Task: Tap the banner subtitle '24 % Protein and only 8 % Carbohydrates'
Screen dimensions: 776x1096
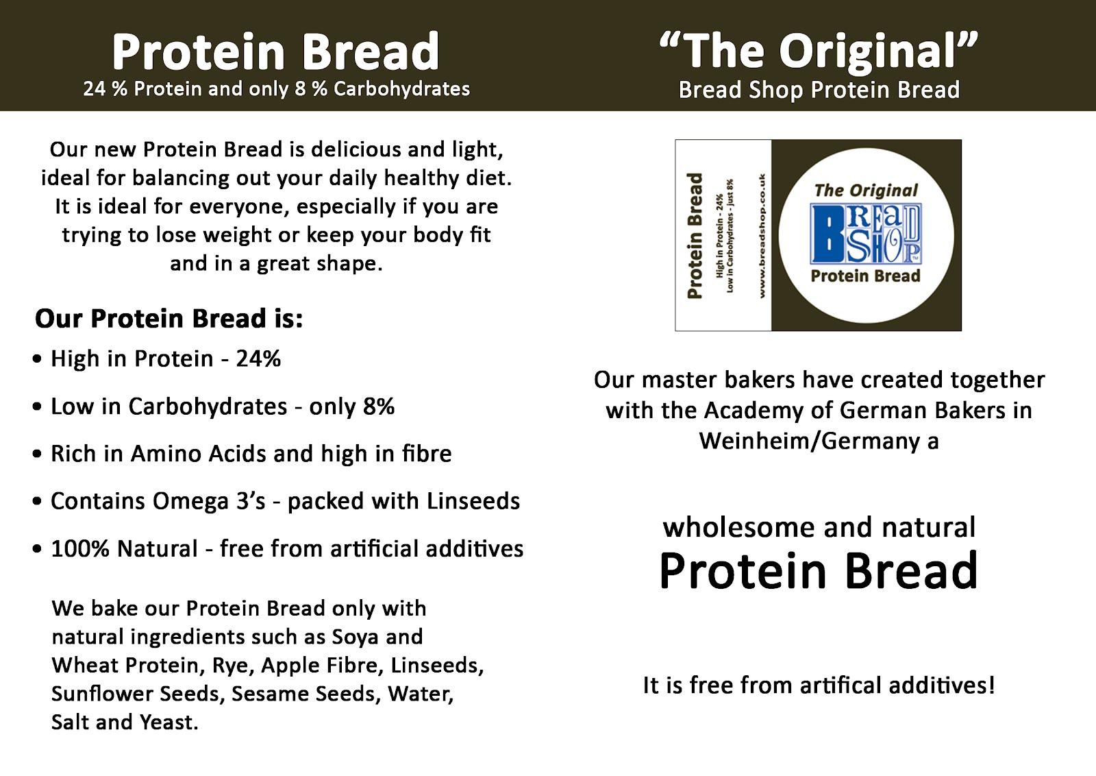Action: point(276,89)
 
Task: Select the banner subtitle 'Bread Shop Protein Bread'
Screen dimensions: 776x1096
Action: point(819,90)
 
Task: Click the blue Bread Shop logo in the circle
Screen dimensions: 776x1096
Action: point(866,234)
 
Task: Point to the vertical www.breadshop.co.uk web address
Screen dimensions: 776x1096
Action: point(762,235)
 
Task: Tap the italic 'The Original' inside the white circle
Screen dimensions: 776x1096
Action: point(866,191)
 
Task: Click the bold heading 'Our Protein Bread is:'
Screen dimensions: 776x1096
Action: point(169,319)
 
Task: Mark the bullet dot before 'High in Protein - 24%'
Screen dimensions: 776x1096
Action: point(37,359)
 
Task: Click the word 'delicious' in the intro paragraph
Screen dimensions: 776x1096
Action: point(356,149)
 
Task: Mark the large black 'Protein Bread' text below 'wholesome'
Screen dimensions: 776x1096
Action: point(819,571)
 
